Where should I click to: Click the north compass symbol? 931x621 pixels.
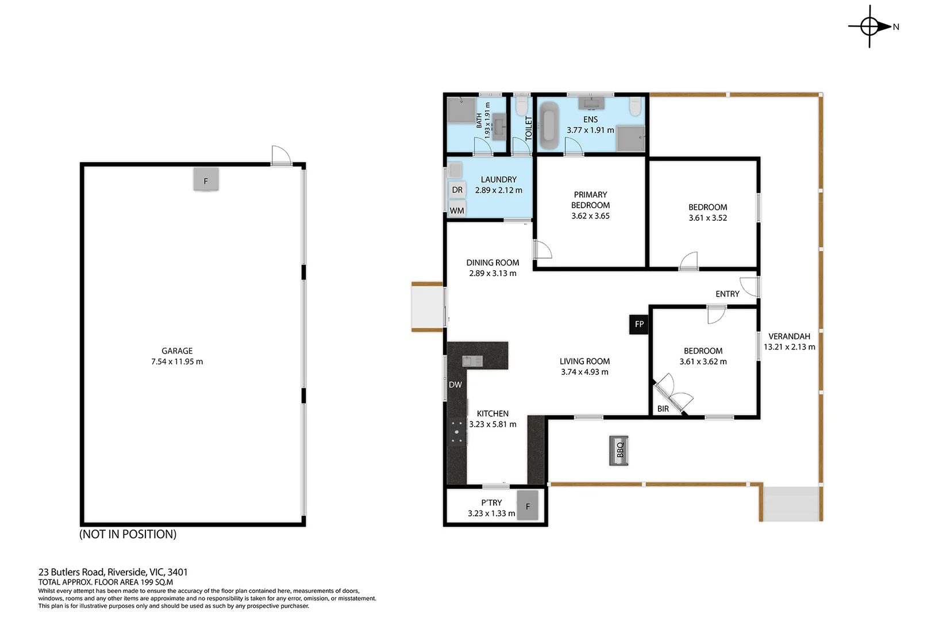tap(870, 26)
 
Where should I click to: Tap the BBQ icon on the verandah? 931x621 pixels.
tap(619, 450)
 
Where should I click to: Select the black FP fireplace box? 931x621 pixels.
tap(639, 324)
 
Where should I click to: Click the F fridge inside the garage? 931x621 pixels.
tap(206, 181)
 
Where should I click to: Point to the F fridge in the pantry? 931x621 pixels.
tap(528, 506)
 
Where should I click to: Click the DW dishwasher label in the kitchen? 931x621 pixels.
tap(455, 385)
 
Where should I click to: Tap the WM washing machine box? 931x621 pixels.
tap(457, 210)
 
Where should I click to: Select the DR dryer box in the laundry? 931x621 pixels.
tap(457, 190)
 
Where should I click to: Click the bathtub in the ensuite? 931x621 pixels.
tap(549, 126)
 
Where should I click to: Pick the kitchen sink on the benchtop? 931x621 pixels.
tap(472, 361)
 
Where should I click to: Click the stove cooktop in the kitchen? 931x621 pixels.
tap(457, 431)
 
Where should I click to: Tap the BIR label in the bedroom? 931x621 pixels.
tap(663, 409)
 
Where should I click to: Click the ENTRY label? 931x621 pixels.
tap(727, 294)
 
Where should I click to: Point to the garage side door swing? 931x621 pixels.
tap(280, 155)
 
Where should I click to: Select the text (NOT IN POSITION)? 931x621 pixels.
tap(128, 534)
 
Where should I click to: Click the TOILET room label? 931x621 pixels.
tap(529, 128)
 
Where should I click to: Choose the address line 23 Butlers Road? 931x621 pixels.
tap(113, 572)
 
